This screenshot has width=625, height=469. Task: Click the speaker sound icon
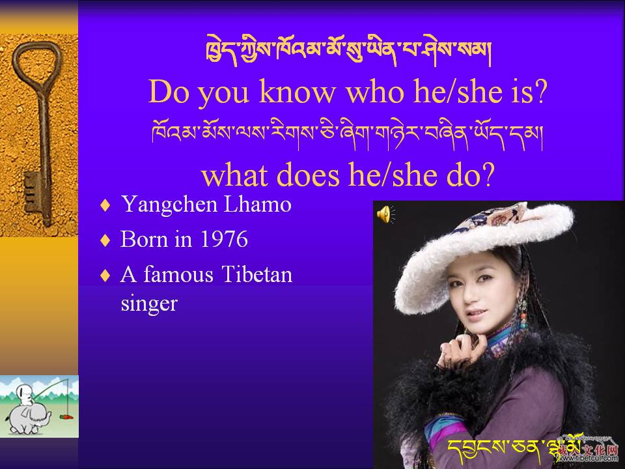point(385,214)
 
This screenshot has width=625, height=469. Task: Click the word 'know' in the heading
point(298,92)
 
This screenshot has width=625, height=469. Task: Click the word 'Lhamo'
point(258,204)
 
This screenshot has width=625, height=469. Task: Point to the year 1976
point(223,239)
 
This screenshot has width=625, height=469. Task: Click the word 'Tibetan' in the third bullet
point(257,274)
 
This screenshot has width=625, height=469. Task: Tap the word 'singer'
point(149,305)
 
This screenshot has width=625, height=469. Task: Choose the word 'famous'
point(178,274)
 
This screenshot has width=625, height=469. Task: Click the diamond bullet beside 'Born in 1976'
point(105,240)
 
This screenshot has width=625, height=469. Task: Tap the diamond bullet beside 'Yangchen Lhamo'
point(105,205)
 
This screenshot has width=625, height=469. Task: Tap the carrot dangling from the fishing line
point(67,417)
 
